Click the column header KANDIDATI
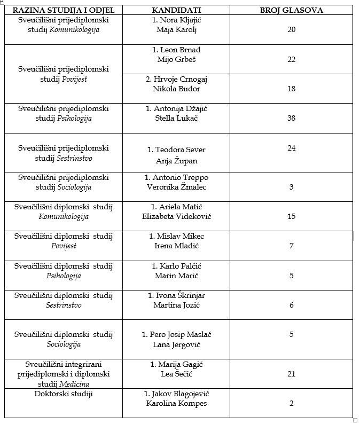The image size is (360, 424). pos(176,10)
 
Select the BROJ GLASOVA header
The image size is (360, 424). pos(291,10)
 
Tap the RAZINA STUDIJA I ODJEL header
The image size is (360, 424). pos(63,10)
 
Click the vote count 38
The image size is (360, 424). pos(291,118)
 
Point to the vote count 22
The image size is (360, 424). pos(291,59)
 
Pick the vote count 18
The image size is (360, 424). pos(291,89)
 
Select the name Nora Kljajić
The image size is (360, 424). pos(179,20)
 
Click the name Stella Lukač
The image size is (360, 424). pos(176,118)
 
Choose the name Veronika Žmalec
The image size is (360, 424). pos(176,187)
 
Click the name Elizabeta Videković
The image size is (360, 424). pos(176,216)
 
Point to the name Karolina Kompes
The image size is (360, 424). pos(176,403)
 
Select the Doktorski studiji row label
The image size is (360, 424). pos(64,394)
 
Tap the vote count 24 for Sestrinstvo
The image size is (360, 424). pos(291,148)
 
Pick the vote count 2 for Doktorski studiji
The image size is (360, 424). pos(291,403)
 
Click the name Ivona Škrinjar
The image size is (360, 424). pos(180,295)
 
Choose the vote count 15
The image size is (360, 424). pos(291,216)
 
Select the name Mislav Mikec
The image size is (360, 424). pos(180,236)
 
